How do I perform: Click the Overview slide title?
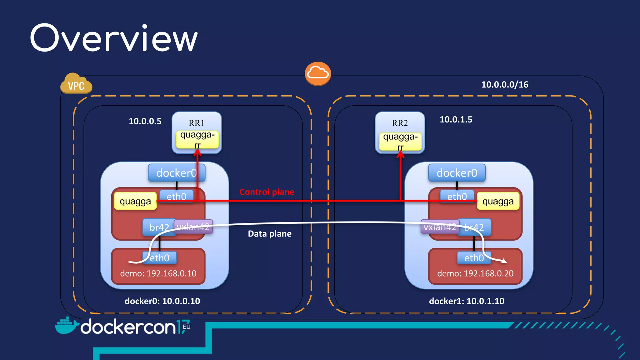click(114, 38)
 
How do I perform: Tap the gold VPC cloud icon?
click(76, 84)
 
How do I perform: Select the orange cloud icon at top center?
click(318, 73)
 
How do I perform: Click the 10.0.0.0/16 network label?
click(504, 85)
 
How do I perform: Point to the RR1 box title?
click(196, 123)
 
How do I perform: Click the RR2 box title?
click(400, 123)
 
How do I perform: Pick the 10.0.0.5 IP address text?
click(145, 121)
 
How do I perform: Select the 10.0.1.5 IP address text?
click(456, 119)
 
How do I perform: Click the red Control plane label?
click(267, 192)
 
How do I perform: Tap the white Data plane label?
click(269, 234)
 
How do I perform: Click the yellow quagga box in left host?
click(135, 201)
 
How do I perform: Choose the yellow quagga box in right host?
click(497, 201)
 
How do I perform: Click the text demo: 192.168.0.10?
click(158, 273)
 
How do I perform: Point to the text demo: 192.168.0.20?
click(475, 273)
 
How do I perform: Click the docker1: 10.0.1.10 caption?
click(466, 301)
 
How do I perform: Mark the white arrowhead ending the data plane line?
click(504, 261)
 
